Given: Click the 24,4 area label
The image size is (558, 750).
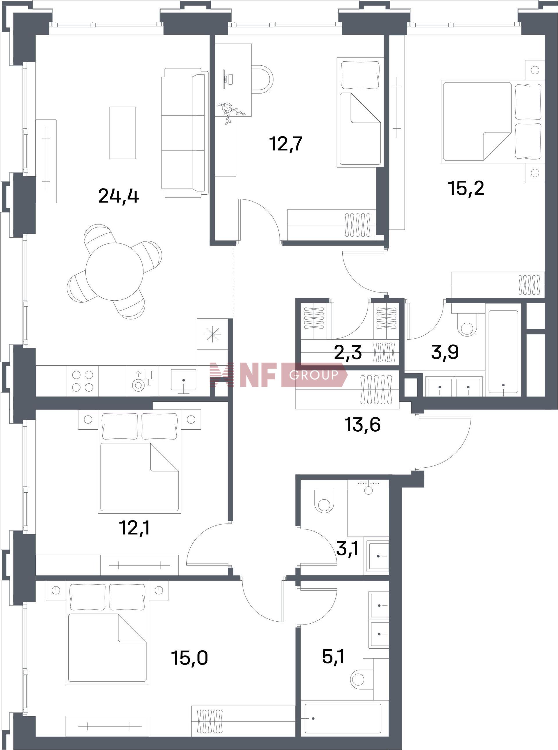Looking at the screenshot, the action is [x=119, y=196].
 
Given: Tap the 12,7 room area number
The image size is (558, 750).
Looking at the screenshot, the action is [x=286, y=143].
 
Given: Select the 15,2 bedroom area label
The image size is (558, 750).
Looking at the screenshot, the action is [x=466, y=188].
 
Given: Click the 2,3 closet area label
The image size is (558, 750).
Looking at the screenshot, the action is [x=348, y=352].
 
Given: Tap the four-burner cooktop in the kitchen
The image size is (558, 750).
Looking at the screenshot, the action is [x=83, y=381].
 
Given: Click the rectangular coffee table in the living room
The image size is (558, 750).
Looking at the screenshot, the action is [x=123, y=133].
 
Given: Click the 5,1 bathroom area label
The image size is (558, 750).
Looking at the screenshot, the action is [x=333, y=656].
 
